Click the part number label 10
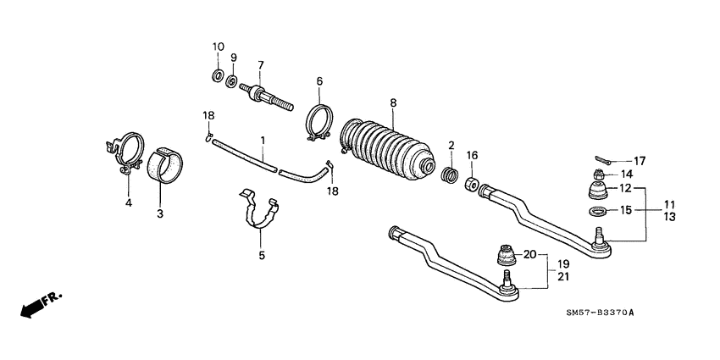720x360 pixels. pyautogui.click(x=217, y=47)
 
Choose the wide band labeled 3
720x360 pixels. pyautogui.click(x=167, y=167)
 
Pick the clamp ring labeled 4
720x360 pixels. pyautogui.click(x=124, y=153)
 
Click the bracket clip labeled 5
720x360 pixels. pyautogui.click(x=257, y=211)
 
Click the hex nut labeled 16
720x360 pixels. pyautogui.click(x=472, y=182)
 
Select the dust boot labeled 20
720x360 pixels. pyautogui.click(x=506, y=255)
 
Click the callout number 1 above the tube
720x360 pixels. pyautogui.click(x=263, y=139)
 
